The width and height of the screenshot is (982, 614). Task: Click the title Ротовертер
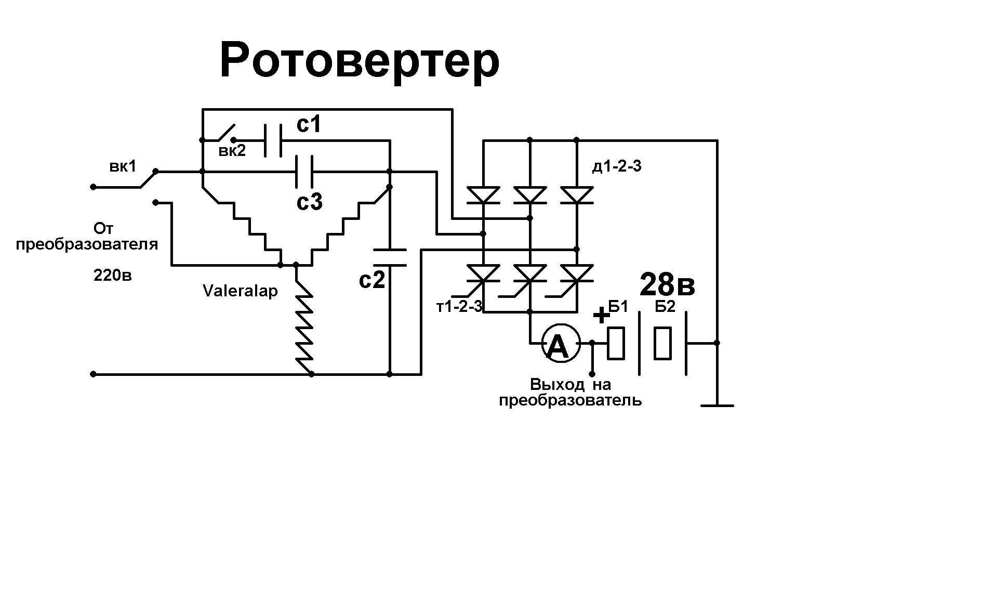[x=360, y=61]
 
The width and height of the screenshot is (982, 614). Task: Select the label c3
[x=310, y=201]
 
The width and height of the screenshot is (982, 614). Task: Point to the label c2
[x=372, y=280]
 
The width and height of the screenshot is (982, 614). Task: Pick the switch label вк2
[x=232, y=152]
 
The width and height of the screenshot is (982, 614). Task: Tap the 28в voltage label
[x=667, y=284]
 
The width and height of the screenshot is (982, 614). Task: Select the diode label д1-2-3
[x=617, y=167]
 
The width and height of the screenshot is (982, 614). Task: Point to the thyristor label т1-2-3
[x=459, y=307]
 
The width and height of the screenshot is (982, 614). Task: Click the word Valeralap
[x=240, y=291]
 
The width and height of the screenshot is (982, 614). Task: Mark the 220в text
[x=112, y=275]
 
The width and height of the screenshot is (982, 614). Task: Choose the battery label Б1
[x=618, y=307]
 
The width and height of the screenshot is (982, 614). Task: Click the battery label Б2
[x=665, y=307]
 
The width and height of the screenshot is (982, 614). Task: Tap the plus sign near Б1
[x=601, y=315]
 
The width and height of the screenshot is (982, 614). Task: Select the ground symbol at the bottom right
[x=717, y=404]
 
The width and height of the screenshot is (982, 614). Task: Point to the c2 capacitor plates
[x=390, y=258]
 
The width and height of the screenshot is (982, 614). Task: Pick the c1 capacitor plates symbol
[x=273, y=140]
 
